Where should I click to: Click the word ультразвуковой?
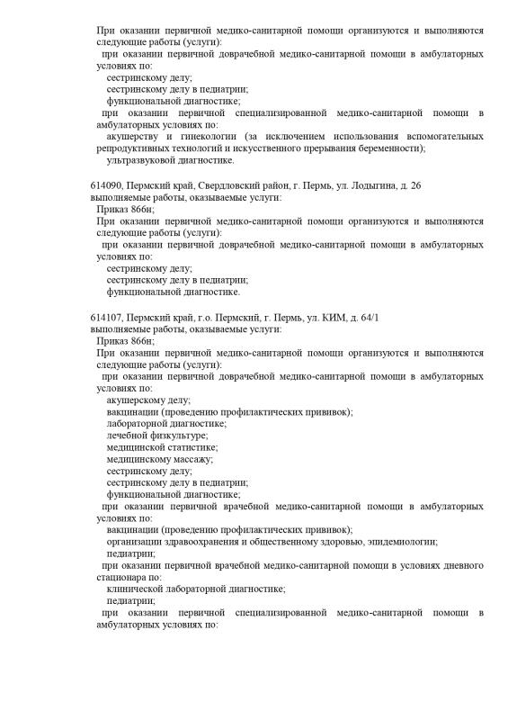[x=137, y=160]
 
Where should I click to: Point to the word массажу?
[x=189, y=458]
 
